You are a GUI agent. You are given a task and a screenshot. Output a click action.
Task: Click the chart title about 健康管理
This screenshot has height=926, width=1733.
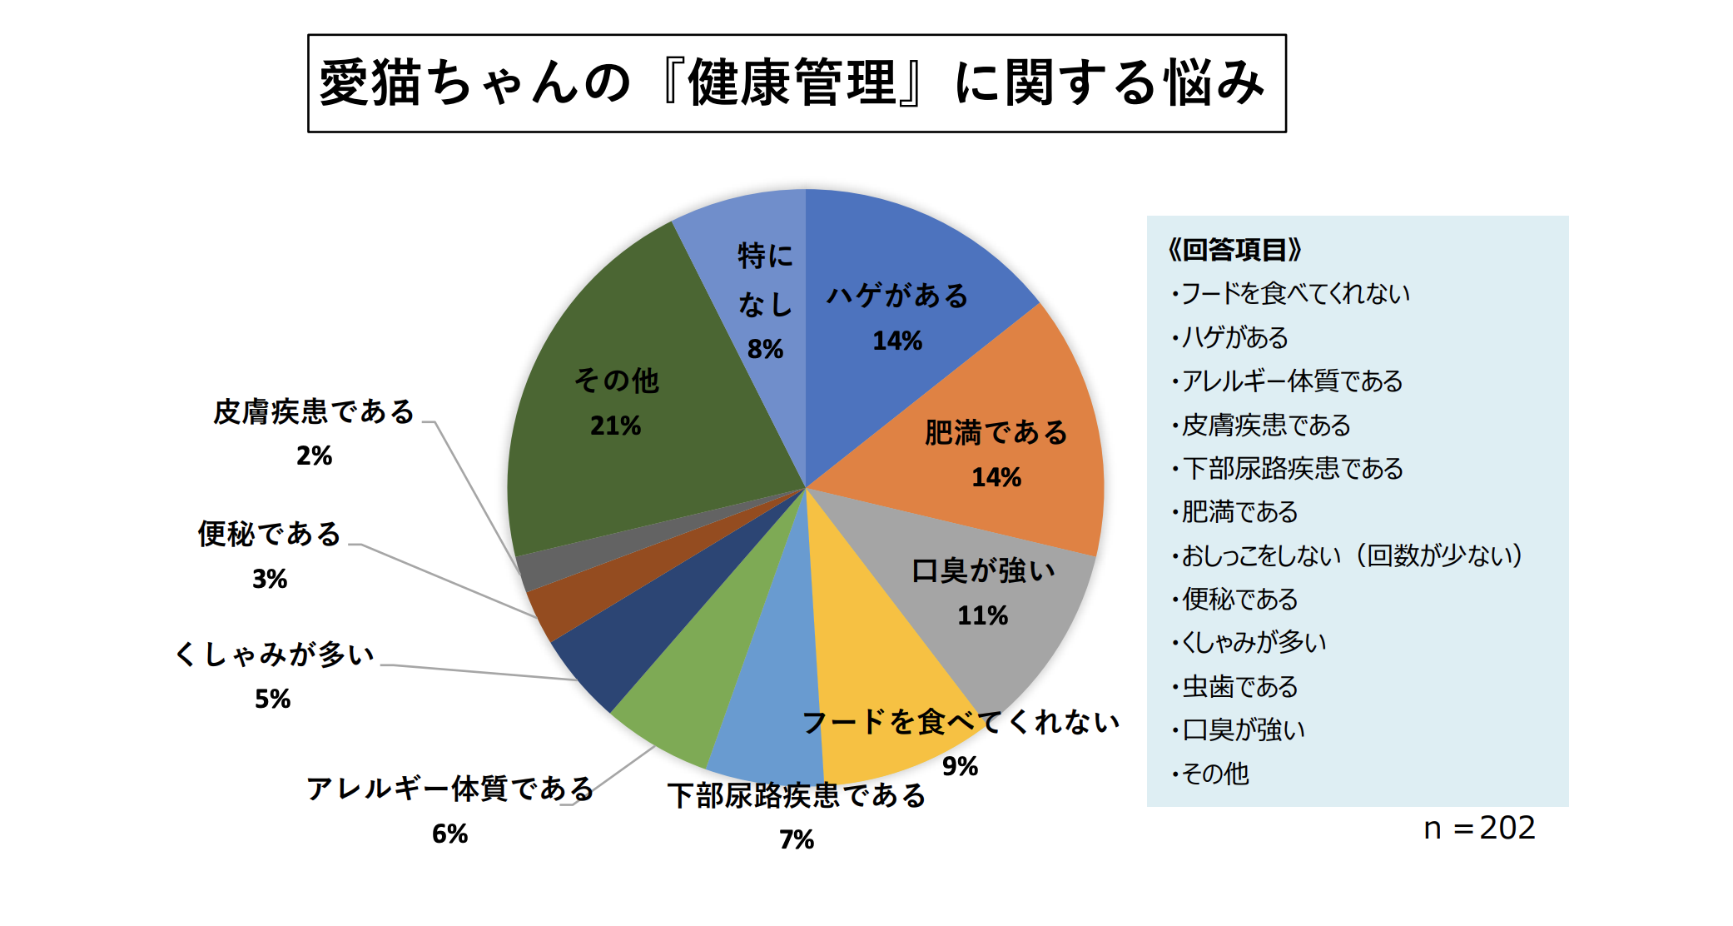(x=796, y=82)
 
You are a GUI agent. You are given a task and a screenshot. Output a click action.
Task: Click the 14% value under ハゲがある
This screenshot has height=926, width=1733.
(x=896, y=341)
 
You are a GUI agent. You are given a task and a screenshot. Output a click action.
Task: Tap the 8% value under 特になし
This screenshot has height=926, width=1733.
(x=765, y=349)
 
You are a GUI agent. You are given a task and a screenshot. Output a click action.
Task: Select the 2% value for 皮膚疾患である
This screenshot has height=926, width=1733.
(x=314, y=456)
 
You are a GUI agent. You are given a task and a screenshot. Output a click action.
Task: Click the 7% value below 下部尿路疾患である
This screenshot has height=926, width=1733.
(x=797, y=839)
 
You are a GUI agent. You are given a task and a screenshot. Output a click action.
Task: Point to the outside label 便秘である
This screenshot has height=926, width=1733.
(x=269, y=534)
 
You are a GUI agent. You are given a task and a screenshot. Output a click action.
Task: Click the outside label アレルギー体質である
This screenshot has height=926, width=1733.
(x=449, y=788)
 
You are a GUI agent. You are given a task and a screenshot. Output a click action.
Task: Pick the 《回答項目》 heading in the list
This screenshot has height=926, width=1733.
(x=1235, y=249)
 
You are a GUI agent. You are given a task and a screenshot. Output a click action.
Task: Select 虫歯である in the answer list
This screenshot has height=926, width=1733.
(x=1239, y=686)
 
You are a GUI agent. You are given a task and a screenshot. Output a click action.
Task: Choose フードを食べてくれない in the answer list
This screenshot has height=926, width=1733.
(x=1295, y=293)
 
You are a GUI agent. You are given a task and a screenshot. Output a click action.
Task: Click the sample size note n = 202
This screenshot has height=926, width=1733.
(x=1479, y=828)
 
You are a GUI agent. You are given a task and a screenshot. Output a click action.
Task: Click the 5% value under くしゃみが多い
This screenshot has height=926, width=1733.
(x=272, y=699)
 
